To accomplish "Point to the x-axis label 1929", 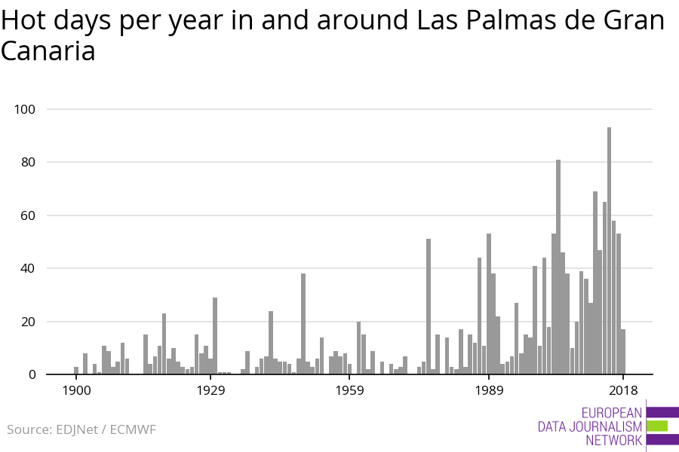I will coord(211,389).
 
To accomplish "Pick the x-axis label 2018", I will coord(623,389).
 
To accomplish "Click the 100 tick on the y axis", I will coord(25,109).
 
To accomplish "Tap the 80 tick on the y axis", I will coord(27,162).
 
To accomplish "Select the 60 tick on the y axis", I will coord(27,215).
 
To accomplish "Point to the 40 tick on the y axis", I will coord(27,268).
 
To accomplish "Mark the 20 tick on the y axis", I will coord(27,322).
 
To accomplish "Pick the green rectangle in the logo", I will coord(657,426).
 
